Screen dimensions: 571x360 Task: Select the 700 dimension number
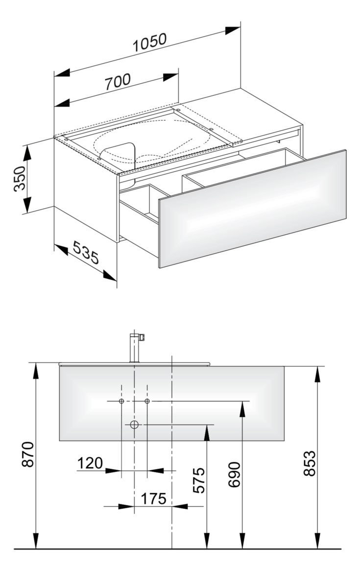click(118, 82)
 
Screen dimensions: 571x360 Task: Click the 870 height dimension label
click(27, 454)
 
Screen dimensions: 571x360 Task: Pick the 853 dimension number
click(309, 463)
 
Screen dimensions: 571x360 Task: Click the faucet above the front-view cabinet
click(134, 347)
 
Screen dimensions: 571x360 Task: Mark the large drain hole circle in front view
click(134, 424)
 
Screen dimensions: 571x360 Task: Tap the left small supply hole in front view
click(121, 401)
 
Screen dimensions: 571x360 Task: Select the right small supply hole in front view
click(147, 401)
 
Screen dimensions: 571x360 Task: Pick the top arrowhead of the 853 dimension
click(317, 374)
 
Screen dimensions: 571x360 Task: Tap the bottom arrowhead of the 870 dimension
click(36, 541)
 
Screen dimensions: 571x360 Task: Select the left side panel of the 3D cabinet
click(86, 189)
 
